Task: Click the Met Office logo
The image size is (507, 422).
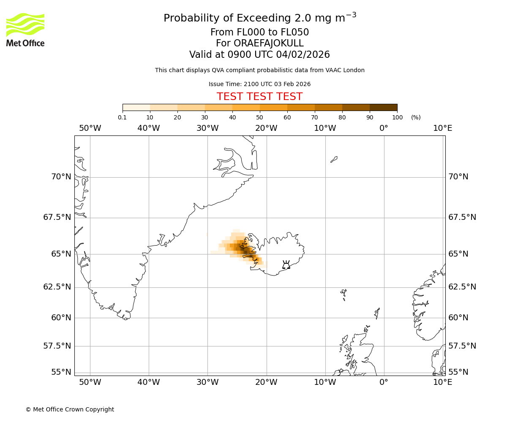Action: click(25, 30)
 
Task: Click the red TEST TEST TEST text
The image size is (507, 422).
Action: click(259, 97)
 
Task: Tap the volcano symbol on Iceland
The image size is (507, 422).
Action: click(286, 265)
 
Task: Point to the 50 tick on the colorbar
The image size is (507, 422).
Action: click(259, 117)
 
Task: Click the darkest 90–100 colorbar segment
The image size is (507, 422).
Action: click(383, 107)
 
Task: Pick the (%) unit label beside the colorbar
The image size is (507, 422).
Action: click(416, 117)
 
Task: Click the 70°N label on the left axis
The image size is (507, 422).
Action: click(61, 176)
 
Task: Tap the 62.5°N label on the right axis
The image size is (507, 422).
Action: click(462, 287)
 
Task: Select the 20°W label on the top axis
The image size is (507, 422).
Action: click(266, 128)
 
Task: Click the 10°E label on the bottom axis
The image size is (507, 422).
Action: click(442, 382)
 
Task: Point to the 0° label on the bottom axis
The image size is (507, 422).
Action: click(384, 382)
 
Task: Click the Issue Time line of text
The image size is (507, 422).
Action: click(259, 84)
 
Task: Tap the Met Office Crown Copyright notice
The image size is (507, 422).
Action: click(70, 409)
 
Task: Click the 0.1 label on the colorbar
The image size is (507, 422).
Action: click(122, 117)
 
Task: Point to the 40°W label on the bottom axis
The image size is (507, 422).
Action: click(149, 382)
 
